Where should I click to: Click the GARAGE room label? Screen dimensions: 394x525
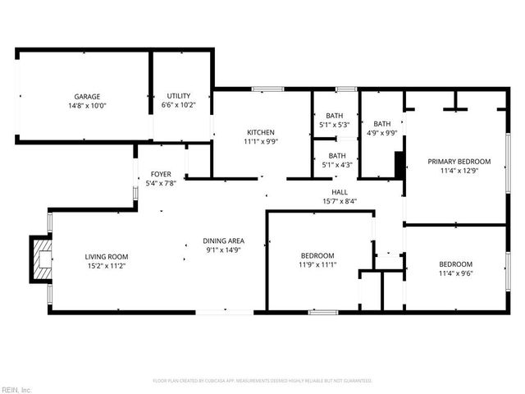pyautogui.click(x=87, y=96)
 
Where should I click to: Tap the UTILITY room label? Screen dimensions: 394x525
pyautogui.click(x=179, y=96)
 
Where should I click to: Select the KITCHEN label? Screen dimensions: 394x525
pyautogui.click(x=261, y=132)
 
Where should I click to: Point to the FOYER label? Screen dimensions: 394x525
pyautogui.click(x=161, y=174)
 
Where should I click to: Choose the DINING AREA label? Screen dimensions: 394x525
pyautogui.click(x=224, y=241)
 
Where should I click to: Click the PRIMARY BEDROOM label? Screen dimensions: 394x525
pyautogui.click(x=459, y=161)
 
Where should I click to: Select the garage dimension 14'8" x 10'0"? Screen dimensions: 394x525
pyautogui.click(x=87, y=106)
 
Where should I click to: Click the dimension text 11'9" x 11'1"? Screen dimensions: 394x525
pyautogui.click(x=317, y=265)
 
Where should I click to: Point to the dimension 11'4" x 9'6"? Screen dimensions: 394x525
pyautogui.click(x=455, y=273)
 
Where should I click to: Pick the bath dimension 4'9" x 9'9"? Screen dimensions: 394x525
pyautogui.click(x=381, y=132)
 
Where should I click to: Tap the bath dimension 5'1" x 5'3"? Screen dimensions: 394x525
pyautogui.click(x=334, y=125)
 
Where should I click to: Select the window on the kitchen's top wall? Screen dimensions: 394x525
pyautogui.click(x=262, y=89)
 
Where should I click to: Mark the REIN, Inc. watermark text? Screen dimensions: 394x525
pyautogui.click(x=17, y=389)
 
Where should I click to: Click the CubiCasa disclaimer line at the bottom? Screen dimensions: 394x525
pyautogui.click(x=262, y=380)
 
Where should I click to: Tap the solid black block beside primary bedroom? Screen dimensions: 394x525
pyautogui.click(x=399, y=164)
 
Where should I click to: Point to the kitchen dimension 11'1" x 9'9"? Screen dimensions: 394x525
pyautogui.click(x=261, y=141)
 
